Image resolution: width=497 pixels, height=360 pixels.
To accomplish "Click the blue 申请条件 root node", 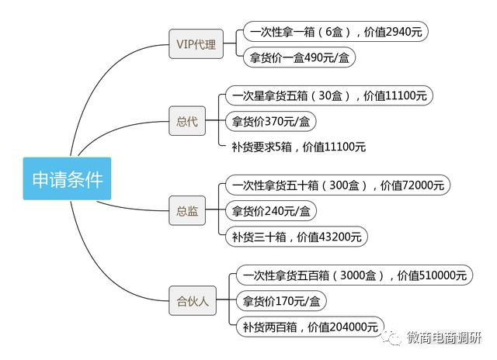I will [67, 178].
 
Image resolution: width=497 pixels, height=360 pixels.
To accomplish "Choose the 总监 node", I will [187, 211].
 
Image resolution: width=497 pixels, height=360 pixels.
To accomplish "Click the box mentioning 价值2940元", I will [335, 32].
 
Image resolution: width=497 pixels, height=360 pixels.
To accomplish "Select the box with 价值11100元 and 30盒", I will [329, 96].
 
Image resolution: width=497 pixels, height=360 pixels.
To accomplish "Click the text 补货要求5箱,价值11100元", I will [298, 147].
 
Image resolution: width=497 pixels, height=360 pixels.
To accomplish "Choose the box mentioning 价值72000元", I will [338, 185].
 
